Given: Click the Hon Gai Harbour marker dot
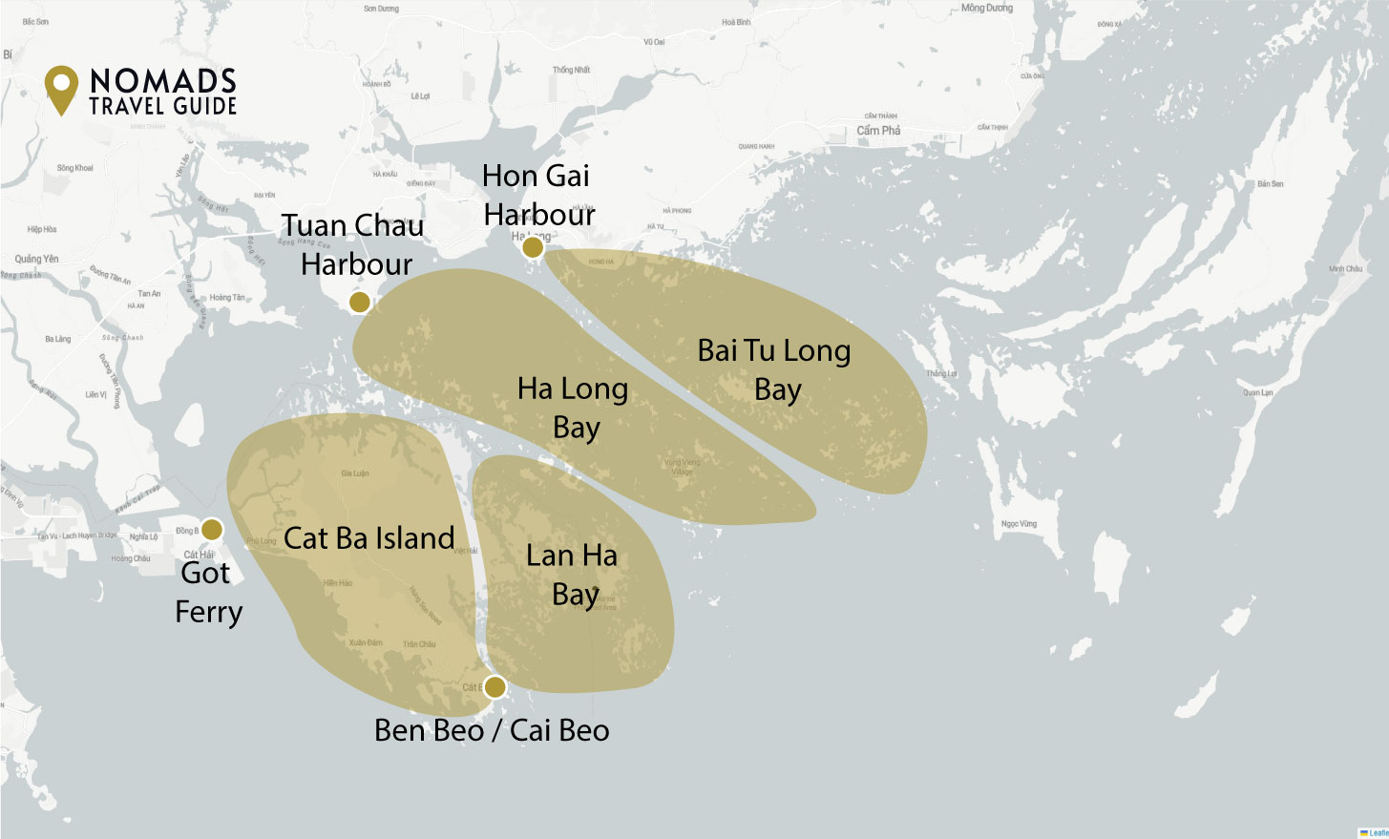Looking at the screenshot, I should (x=533, y=248).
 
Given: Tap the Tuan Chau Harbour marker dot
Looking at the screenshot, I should (x=359, y=303).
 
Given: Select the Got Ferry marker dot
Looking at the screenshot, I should (x=212, y=530).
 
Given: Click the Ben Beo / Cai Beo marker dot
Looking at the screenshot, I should (x=495, y=687).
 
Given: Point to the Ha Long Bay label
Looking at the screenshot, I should (x=573, y=408).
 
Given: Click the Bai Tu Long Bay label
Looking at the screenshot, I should (x=774, y=369).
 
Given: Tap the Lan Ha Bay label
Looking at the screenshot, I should (x=573, y=575).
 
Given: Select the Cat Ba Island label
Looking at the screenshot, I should (x=369, y=538).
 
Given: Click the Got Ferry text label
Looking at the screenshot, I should (x=208, y=592).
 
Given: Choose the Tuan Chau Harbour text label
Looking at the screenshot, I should (x=353, y=244).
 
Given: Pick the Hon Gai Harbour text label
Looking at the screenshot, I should (x=537, y=195).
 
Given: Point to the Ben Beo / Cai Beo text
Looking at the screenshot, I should (x=492, y=730).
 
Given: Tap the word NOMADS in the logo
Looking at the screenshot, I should (x=163, y=80).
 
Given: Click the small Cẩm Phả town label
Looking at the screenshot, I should (x=878, y=131).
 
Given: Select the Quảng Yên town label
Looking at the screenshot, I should (x=36, y=259).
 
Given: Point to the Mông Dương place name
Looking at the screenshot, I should (x=987, y=9).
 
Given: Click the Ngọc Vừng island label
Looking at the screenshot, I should (x=1019, y=524).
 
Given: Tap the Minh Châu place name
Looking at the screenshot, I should (x=1345, y=269).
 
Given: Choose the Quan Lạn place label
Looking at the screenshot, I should (x=1257, y=392).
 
